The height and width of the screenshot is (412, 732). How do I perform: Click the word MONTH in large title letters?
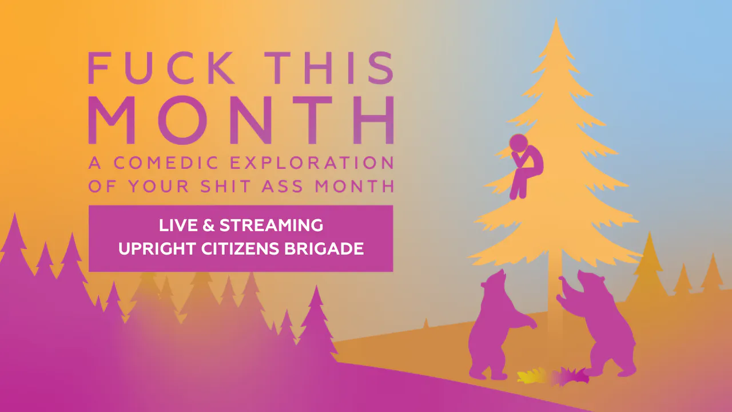(x=240, y=120)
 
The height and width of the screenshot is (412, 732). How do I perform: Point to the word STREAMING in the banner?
(x=271, y=225)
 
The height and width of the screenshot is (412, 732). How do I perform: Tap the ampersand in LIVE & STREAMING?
(x=208, y=225)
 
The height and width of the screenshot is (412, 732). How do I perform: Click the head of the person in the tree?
(x=519, y=142)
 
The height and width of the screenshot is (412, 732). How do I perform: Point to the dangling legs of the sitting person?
(x=519, y=186)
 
